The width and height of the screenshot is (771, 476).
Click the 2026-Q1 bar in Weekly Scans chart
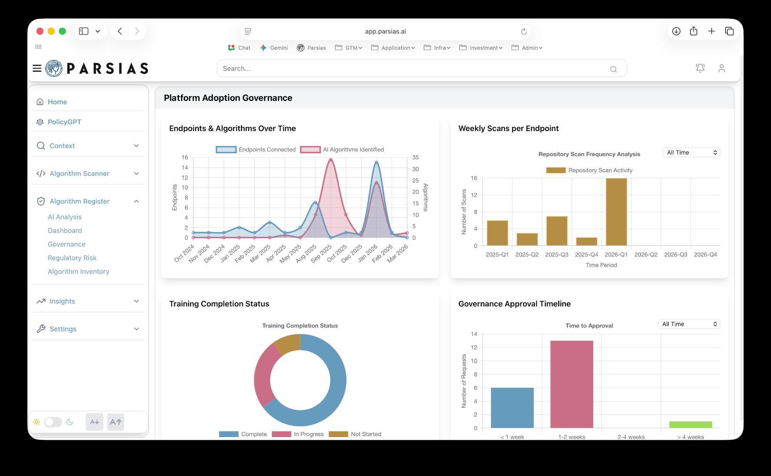point(616,212)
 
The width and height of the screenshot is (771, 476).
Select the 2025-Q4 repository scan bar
point(586,241)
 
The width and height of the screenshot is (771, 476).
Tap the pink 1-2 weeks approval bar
point(572,384)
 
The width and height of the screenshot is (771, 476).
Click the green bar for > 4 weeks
point(690,424)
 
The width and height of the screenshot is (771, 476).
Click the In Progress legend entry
point(298,434)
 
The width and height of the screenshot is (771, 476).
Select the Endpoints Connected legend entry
point(256,150)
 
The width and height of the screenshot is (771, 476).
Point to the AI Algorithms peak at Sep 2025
point(330,160)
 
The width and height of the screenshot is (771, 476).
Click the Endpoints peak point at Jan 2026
point(376,163)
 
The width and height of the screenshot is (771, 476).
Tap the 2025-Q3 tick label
point(557,255)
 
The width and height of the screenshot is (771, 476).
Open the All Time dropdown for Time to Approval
point(689,324)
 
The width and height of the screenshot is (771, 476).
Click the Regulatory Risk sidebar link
point(72,258)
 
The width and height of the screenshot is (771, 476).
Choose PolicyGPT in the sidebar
point(64,122)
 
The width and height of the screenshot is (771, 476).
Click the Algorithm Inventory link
point(78,271)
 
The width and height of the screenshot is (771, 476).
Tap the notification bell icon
point(700,68)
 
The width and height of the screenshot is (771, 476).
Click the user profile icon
point(722,68)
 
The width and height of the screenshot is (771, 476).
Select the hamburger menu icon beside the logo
point(37,68)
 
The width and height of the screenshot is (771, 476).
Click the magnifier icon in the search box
point(613,69)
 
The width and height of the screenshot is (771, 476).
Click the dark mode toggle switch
point(53,422)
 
